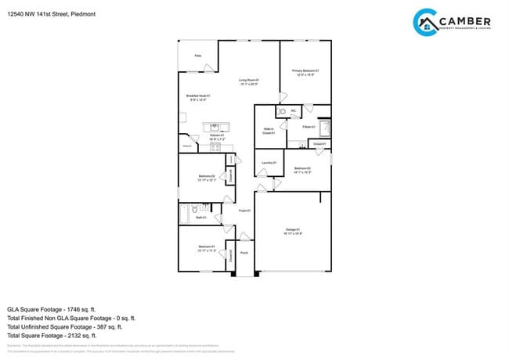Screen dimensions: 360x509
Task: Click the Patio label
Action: (197, 56)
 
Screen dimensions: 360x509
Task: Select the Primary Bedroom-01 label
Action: (305, 71)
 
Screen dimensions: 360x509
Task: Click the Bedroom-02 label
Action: (207, 176)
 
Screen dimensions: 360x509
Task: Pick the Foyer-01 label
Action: (244, 210)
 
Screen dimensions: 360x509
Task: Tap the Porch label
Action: (244, 253)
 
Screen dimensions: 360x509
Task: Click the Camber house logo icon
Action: (426, 23)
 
